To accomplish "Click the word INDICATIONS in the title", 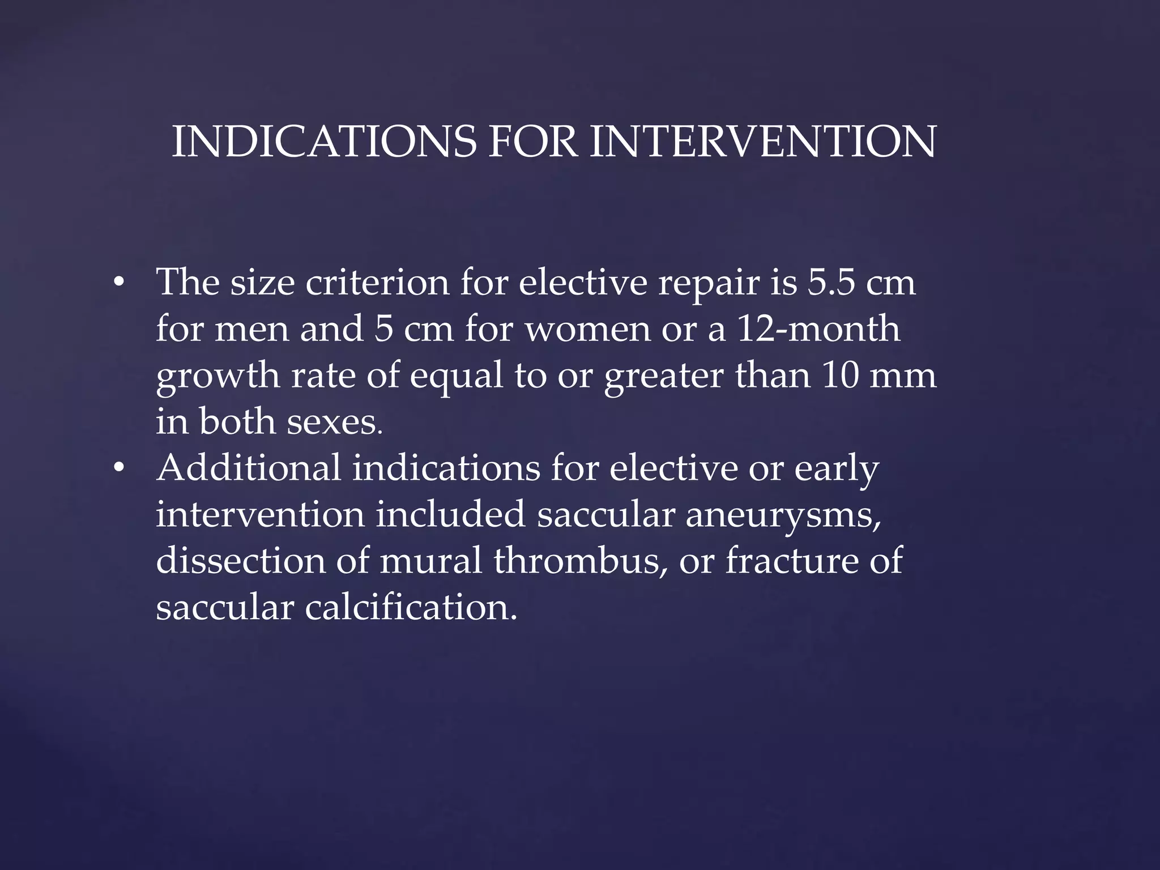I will [323, 142].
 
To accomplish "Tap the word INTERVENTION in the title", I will [762, 142].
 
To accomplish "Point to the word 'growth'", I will [218, 377].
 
